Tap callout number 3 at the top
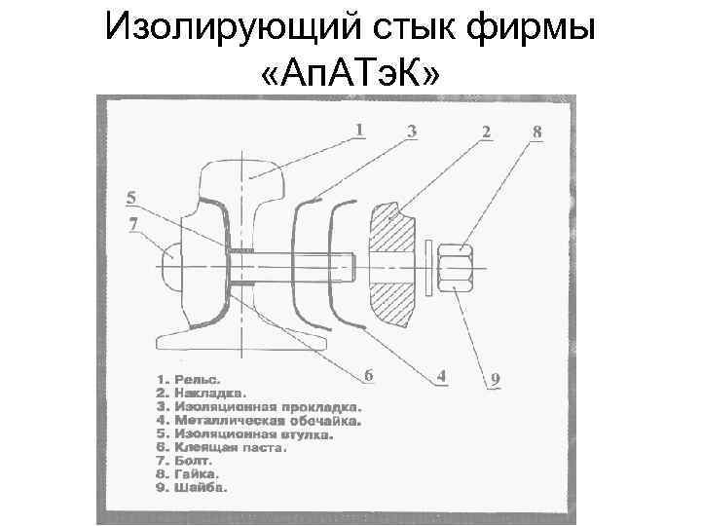tap(412, 131)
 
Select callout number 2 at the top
tap(485, 131)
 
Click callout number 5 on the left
tap(131, 198)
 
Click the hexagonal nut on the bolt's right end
tap(456, 264)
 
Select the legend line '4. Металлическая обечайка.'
tap(258, 422)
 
